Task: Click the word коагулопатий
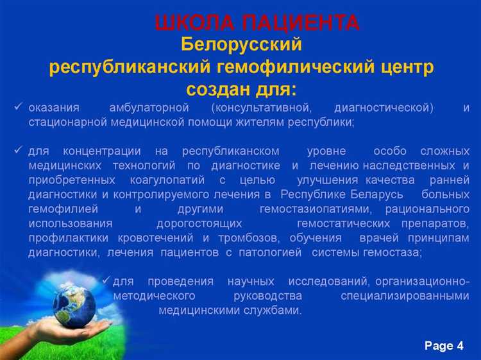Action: pyautogui.click(x=167, y=180)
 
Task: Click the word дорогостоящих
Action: pyautogui.click(x=199, y=223)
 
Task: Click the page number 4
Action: pyautogui.click(x=460, y=346)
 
